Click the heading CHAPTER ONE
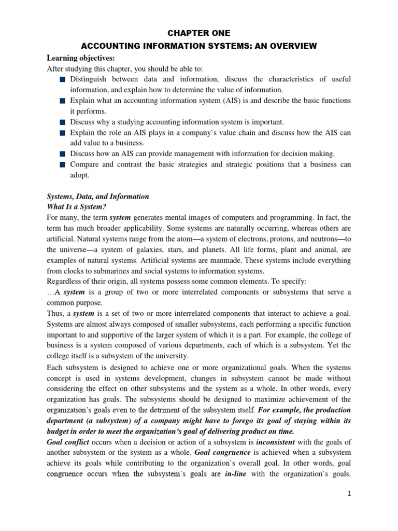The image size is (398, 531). click(200, 33)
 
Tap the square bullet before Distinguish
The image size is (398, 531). click(62, 79)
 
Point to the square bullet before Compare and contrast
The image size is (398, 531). click(62, 165)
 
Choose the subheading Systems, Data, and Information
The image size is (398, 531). click(98, 197)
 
